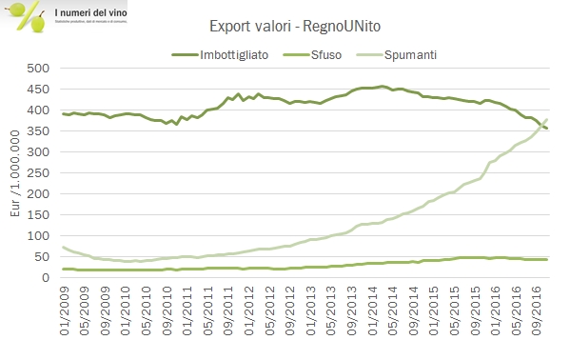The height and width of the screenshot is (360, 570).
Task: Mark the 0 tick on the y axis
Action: pos(43,277)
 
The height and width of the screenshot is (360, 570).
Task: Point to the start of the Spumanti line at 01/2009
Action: pos(63,247)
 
